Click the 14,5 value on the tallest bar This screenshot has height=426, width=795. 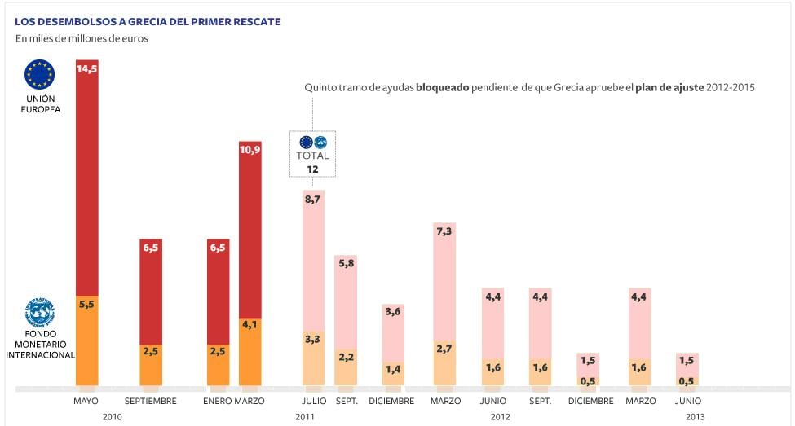click(86, 69)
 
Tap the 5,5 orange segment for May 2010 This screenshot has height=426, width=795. click(86, 304)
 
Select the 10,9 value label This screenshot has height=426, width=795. click(250, 150)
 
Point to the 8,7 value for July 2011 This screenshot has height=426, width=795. click(312, 199)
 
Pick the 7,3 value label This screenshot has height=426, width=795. click(444, 231)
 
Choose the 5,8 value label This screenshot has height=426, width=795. click(346, 264)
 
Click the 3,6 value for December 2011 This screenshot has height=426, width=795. click(393, 312)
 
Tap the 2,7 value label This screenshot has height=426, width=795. click(444, 349)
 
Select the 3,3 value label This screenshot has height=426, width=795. click(312, 339)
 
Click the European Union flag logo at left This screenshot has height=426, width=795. click(39, 74)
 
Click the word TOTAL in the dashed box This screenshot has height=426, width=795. click(312, 156)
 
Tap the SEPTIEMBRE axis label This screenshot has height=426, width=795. click(150, 401)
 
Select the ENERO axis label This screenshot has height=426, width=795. click(217, 401)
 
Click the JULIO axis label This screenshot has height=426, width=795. click(312, 401)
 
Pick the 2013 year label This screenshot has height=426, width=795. click(696, 417)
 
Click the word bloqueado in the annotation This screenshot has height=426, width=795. click(443, 87)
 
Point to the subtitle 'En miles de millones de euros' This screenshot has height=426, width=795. click(82, 38)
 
